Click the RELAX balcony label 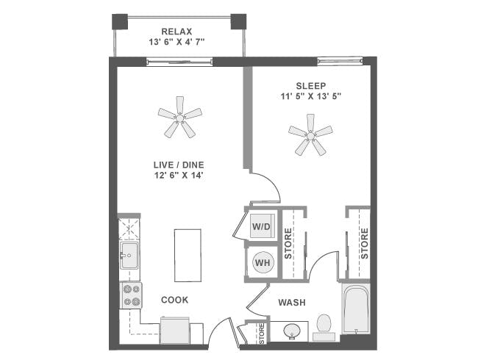click(x=176, y=32)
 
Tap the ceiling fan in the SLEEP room click(x=310, y=134)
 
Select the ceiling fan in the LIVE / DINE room click(x=179, y=116)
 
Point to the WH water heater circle click(x=262, y=262)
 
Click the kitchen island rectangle click(x=187, y=254)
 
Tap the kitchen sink click(x=129, y=256)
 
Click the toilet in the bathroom click(x=324, y=326)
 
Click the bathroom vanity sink click(x=293, y=332)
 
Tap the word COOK click(x=175, y=300)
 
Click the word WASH click(x=292, y=303)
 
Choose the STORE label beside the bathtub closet click(x=364, y=243)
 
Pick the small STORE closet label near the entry click(x=261, y=334)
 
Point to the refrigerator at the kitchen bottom click(x=176, y=331)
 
